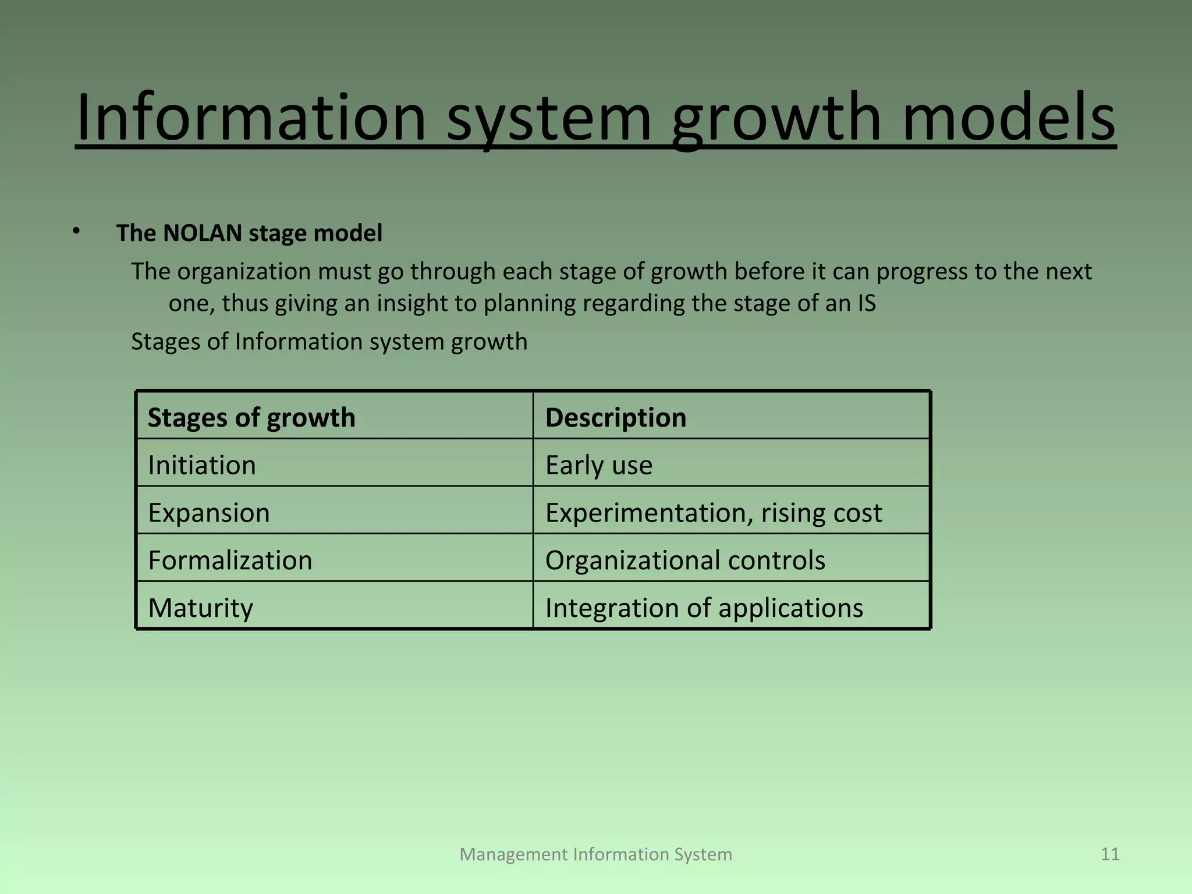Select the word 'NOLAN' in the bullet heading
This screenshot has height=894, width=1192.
tap(202, 233)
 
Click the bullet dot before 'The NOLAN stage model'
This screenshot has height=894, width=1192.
tap(76, 232)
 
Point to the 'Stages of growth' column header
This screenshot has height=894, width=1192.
tap(251, 418)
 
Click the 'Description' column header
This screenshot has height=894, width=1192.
tap(616, 418)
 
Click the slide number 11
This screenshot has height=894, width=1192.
tap(1110, 854)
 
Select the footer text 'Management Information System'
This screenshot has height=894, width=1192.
tap(596, 854)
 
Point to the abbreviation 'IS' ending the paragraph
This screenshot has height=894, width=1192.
tap(866, 304)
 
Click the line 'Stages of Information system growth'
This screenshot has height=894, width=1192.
tap(329, 342)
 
